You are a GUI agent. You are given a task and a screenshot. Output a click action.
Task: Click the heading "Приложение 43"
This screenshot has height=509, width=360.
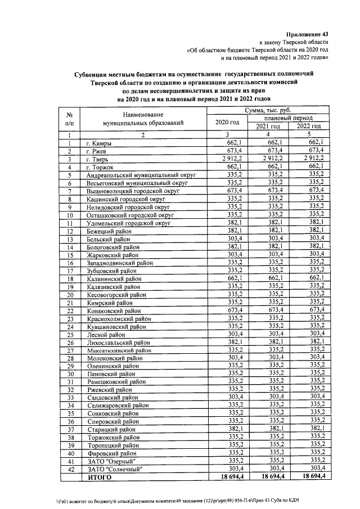pos(307,34)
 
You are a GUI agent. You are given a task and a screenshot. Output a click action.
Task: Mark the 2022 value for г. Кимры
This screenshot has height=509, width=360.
pos(313,143)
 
